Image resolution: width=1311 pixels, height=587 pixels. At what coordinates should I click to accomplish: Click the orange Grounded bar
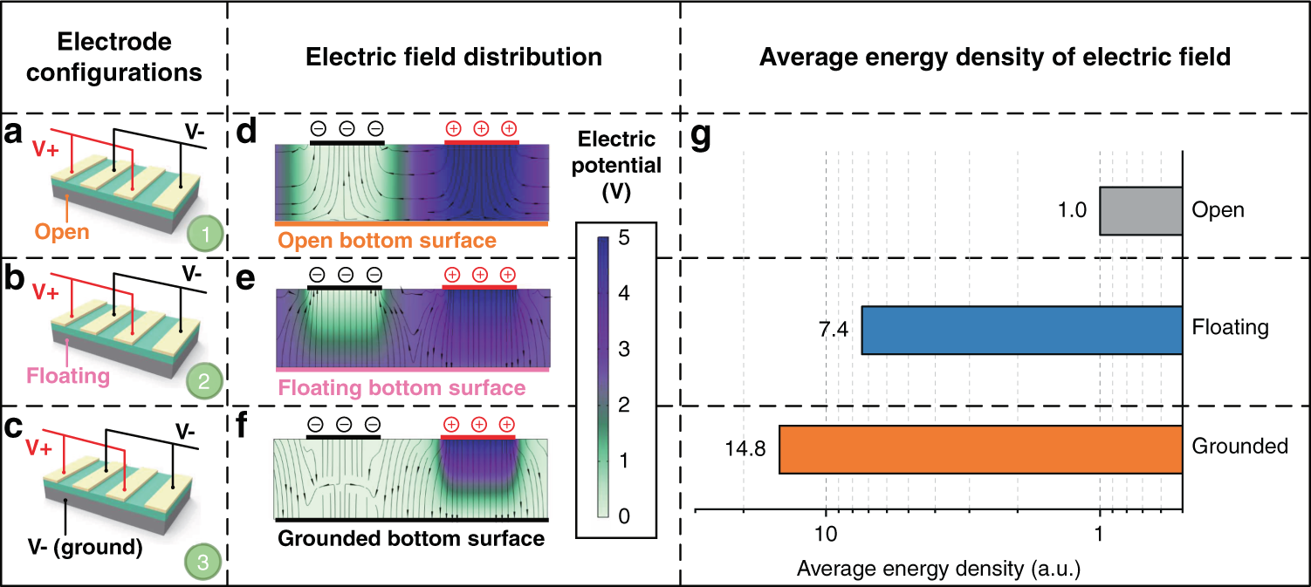tap(980, 449)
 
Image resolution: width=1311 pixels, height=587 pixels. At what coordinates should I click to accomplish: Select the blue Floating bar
tap(1021, 330)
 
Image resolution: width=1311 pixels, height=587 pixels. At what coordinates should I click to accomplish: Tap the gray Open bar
tap(1140, 211)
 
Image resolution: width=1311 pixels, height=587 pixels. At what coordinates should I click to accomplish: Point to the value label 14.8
tap(745, 450)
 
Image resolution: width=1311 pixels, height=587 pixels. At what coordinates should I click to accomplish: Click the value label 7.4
tap(834, 331)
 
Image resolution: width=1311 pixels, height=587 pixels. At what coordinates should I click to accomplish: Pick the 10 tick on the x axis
tap(826, 532)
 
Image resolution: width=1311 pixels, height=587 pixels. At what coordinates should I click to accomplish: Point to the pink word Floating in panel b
tap(68, 376)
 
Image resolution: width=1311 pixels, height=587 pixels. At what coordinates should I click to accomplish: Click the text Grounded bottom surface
tap(410, 538)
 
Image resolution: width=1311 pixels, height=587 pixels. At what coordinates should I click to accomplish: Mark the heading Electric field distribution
tap(454, 58)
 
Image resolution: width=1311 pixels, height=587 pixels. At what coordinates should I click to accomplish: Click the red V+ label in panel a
tap(46, 147)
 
